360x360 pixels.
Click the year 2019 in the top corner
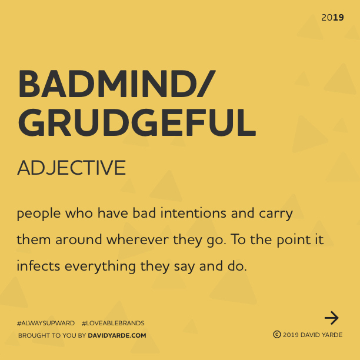332,18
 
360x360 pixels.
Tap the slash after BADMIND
206,84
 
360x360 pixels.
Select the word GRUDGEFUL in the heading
137,122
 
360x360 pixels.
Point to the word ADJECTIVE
71,168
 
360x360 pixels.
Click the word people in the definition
39,214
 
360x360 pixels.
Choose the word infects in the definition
38,266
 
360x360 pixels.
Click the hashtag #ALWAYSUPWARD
46,323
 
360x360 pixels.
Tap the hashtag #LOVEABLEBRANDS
113,323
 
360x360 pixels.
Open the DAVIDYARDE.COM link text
117,335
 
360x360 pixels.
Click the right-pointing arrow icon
332,318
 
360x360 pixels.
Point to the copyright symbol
277,335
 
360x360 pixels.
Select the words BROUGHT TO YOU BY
52,335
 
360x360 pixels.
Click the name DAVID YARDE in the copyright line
321,335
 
